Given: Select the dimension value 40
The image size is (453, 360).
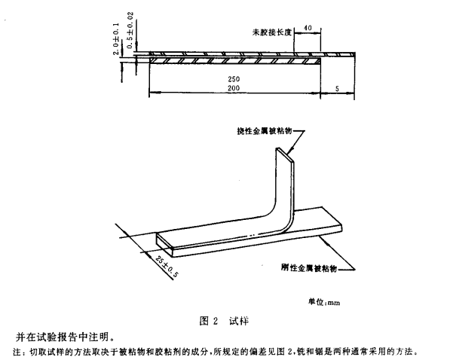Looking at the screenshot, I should [x=307, y=28].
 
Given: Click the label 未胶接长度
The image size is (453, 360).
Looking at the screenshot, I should [x=271, y=33].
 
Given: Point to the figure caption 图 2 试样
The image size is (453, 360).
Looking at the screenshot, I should [x=226, y=319].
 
